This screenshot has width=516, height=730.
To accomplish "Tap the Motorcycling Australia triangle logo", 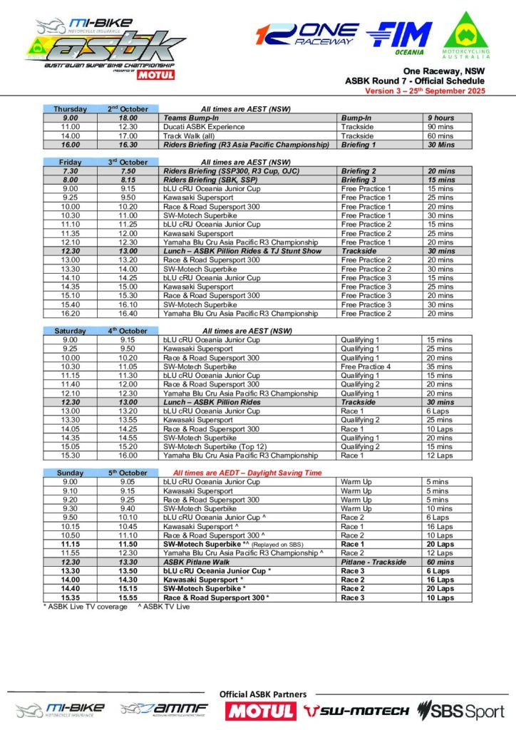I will pyautogui.click(x=467, y=39).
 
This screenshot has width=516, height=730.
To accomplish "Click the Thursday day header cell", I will pyautogui.click(x=71, y=109).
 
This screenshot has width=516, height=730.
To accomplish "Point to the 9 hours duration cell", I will pyautogui.click(x=440, y=118).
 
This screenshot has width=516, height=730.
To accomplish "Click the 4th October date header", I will pyautogui.click(x=128, y=331).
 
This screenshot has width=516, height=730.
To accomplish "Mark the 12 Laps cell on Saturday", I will pyautogui.click(x=440, y=456).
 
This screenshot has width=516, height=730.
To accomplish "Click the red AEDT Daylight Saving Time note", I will pyautogui.click(x=249, y=473).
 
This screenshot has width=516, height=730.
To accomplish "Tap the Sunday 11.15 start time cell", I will pyautogui.click(x=71, y=544).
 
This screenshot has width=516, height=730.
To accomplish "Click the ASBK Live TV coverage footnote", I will pyautogui.click(x=86, y=607).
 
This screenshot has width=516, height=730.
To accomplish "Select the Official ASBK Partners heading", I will pyautogui.click(x=263, y=694).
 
